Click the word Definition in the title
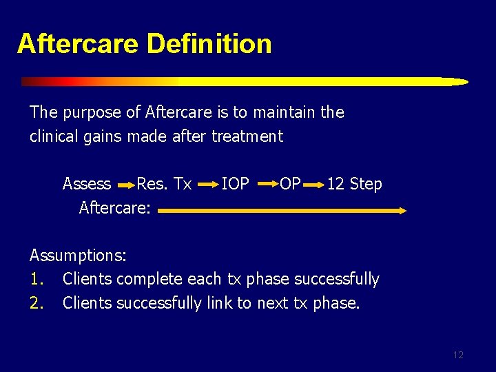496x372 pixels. (209, 43)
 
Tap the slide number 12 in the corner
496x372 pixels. (458, 355)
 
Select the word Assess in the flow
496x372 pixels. (86, 184)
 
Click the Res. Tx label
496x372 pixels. (164, 184)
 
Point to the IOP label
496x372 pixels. (235, 184)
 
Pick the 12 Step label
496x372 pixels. (354, 184)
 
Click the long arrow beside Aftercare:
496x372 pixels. (282, 211)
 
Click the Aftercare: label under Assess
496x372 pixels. (114, 207)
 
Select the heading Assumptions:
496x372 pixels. (78, 256)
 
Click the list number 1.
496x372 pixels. (36, 279)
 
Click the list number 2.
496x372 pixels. (36, 303)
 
